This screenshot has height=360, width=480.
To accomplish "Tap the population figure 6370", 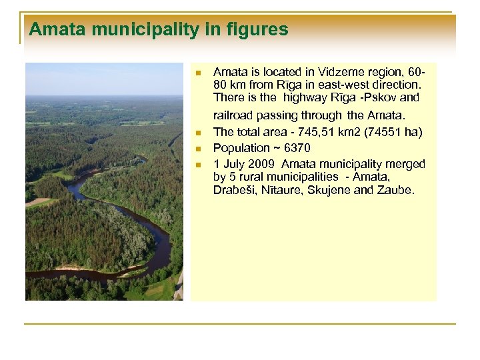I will point(297,148).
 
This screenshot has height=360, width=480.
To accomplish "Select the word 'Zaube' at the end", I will point(397,191).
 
